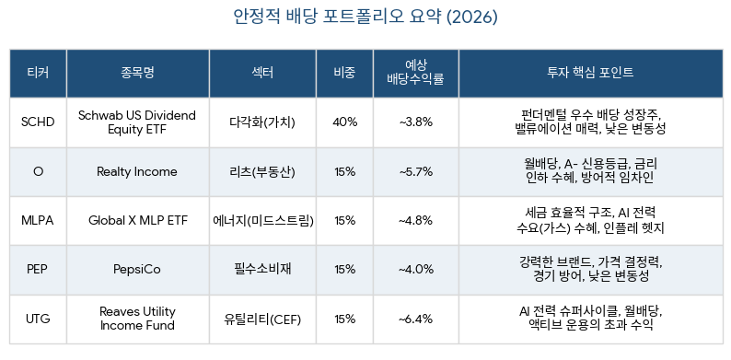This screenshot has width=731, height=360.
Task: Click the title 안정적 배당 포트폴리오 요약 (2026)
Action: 365,17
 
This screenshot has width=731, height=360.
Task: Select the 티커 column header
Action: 38,73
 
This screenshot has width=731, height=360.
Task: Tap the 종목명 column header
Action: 137,73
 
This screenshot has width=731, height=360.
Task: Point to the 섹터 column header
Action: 262,73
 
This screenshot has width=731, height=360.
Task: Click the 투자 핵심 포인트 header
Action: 590,73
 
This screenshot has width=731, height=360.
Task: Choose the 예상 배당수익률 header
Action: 416,73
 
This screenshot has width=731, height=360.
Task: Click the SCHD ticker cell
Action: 38,122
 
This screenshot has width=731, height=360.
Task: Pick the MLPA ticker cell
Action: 38,221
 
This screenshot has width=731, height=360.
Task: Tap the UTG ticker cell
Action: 38,319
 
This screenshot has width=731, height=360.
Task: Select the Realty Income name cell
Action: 137,171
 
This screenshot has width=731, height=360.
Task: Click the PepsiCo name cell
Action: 137,270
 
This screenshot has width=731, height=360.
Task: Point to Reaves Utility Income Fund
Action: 137,318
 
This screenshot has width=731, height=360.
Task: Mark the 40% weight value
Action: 345,122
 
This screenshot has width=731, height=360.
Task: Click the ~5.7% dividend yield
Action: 416,171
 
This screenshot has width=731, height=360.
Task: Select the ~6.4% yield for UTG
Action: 416,319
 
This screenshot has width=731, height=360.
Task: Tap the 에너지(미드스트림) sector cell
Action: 262,221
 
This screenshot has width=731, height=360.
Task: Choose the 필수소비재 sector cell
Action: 262,269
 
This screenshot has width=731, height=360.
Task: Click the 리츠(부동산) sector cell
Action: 262,171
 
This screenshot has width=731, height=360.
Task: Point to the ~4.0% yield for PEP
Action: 416,270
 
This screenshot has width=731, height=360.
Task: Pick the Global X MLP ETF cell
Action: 137,221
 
